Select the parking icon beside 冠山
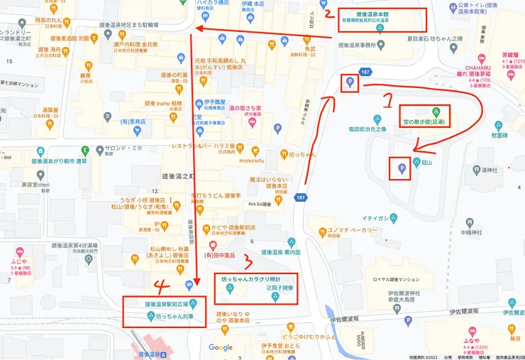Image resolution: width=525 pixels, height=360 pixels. (401, 168)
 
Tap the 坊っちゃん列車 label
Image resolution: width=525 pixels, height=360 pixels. (175, 315)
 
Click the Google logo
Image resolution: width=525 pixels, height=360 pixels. (221, 347)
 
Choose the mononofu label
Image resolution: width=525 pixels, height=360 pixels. (251, 160)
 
